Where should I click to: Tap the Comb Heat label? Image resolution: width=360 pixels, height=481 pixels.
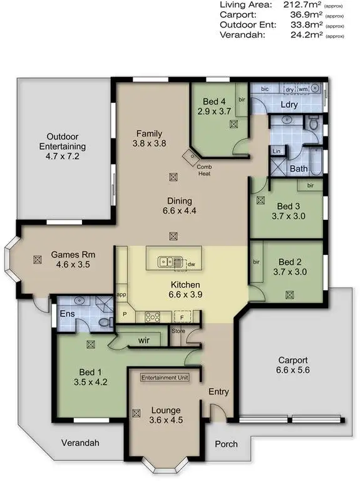click(x=204, y=170)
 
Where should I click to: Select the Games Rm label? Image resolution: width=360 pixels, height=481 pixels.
click(x=73, y=254)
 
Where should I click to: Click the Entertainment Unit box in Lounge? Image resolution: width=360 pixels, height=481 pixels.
click(x=164, y=378)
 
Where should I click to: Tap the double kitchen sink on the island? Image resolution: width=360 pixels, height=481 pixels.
click(x=167, y=262)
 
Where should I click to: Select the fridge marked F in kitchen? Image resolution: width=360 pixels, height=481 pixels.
click(x=183, y=316)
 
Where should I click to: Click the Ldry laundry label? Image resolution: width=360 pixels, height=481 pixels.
click(x=289, y=105)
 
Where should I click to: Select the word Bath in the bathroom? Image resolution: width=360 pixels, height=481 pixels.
click(x=299, y=168)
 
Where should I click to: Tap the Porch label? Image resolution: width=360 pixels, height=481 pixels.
click(x=226, y=444)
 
